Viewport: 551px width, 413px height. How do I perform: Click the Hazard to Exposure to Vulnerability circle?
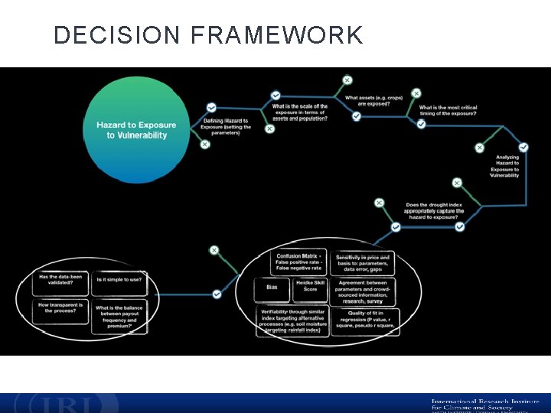(x=136, y=130)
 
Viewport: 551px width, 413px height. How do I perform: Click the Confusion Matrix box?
(x=297, y=262)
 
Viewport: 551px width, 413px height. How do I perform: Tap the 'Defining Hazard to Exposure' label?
(x=226, y=126)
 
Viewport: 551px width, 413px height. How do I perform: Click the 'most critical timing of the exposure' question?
(x=448, y=110)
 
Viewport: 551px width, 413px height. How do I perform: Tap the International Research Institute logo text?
(x=485, y=403)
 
